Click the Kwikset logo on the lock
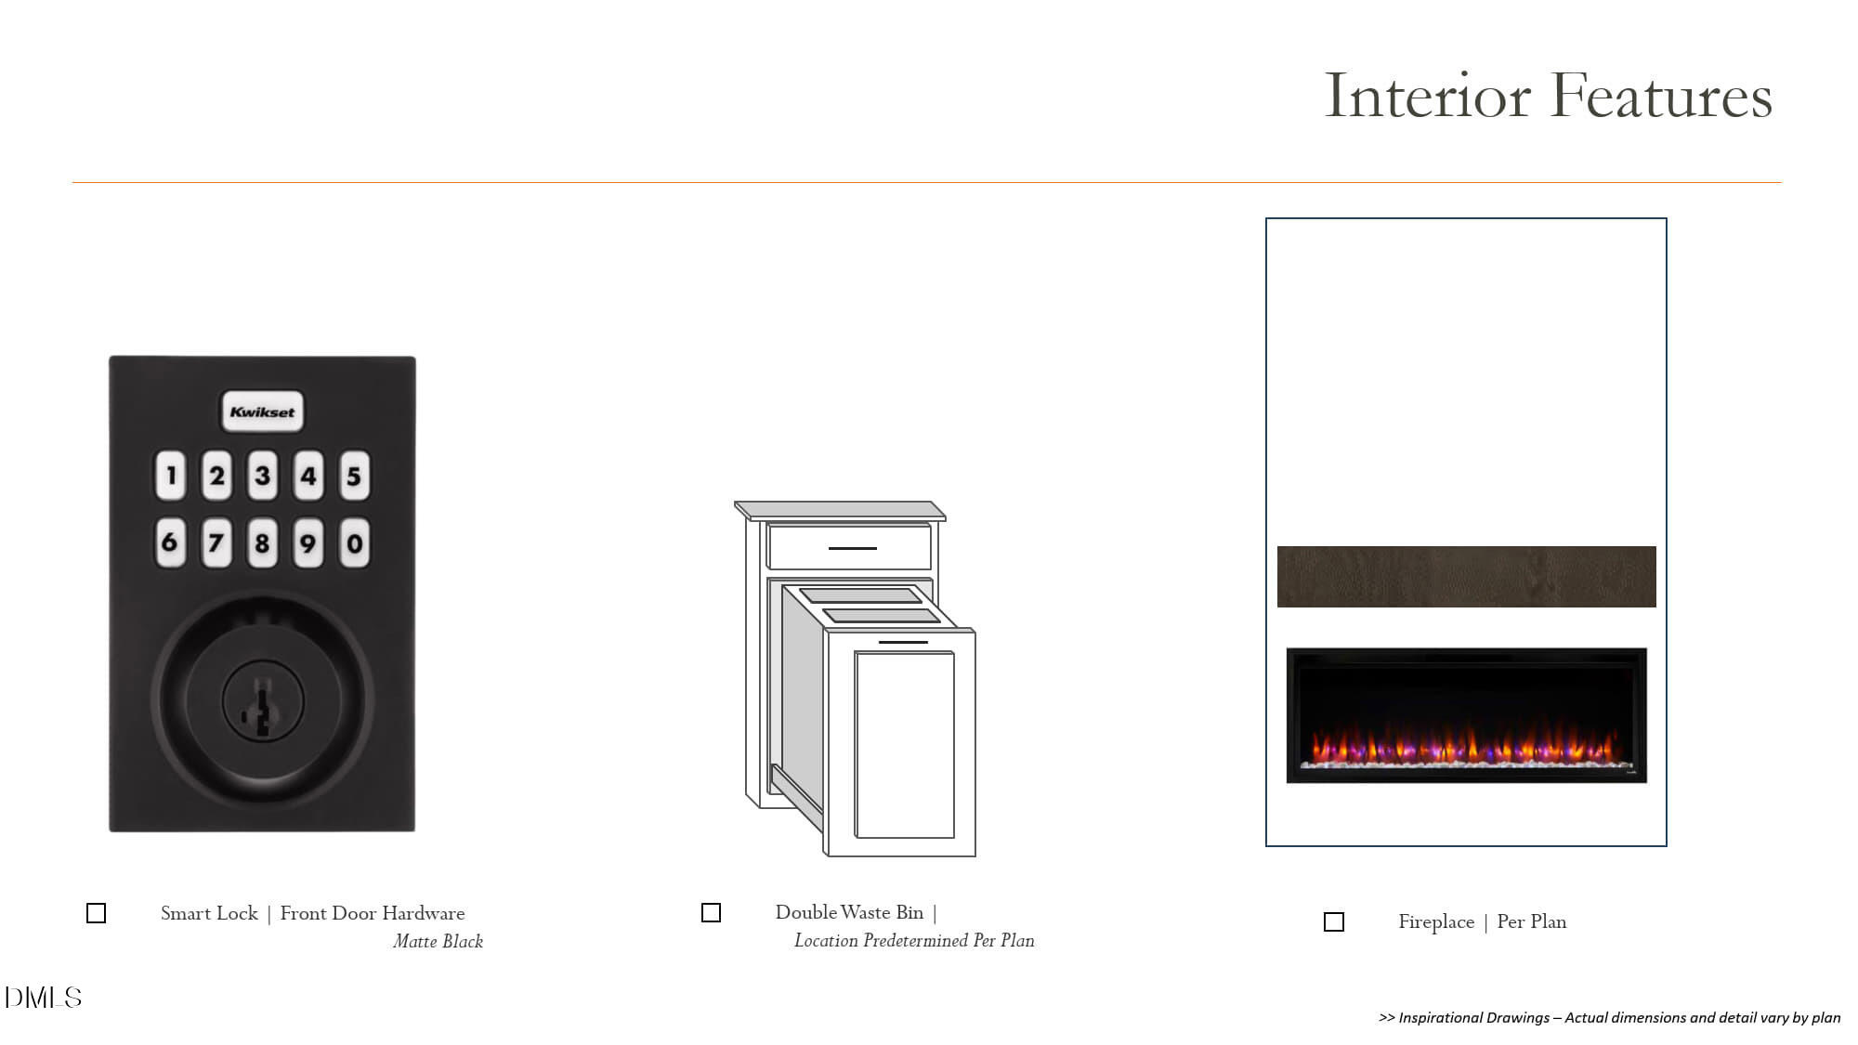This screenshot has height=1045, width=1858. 262,411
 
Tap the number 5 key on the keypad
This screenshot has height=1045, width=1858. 354,477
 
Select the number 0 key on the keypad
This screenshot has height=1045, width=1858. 354,543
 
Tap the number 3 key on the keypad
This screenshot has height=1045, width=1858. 263,477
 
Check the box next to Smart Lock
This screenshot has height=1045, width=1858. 97,913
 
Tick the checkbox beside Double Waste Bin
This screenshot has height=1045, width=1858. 712,913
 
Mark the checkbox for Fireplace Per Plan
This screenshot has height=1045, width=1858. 1334,921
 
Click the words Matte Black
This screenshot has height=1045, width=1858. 438,941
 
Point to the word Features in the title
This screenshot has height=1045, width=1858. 1661,96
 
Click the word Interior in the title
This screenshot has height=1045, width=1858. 1427,96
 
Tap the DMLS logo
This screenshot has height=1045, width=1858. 43,998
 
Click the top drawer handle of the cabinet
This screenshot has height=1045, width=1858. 852,548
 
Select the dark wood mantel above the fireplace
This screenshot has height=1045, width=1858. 1466,577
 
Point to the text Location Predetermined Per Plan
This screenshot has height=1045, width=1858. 914,941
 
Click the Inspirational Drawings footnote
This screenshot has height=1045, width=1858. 1610,1017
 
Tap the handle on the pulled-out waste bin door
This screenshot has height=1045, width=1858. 903,642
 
